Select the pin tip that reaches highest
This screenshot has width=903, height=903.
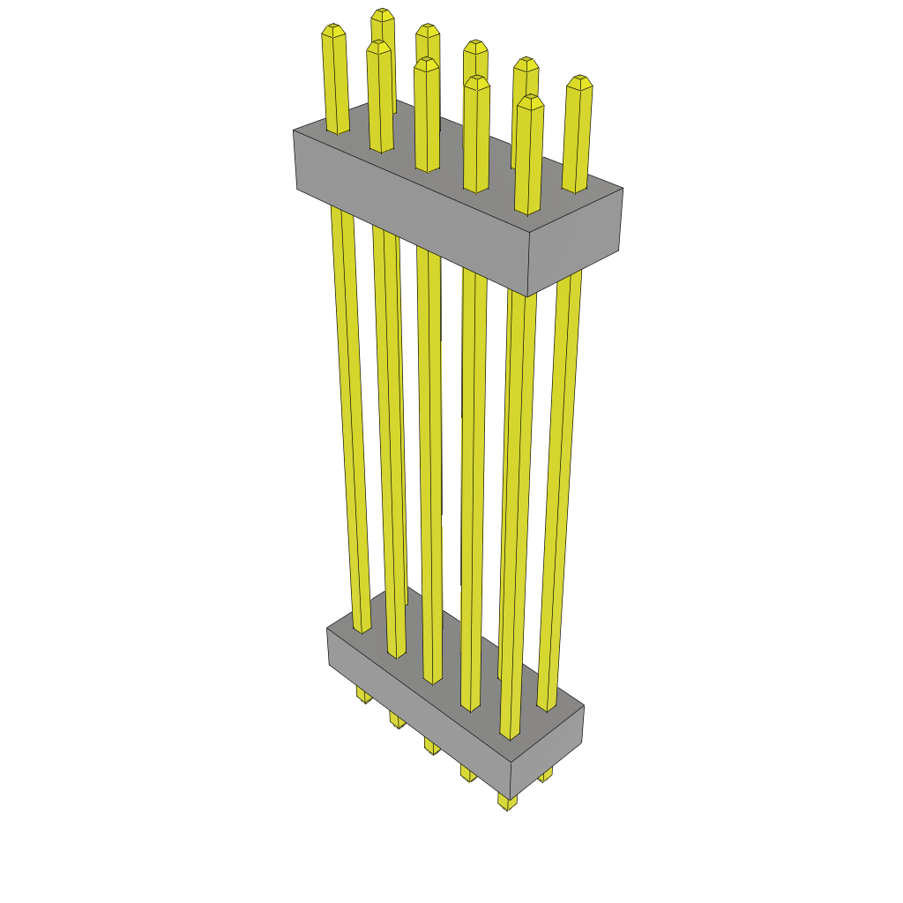point(382,15)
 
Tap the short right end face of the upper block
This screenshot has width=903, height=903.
point(575,243)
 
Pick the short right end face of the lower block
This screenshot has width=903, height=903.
point(549,750)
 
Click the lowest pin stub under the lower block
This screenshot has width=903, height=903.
point(507,802)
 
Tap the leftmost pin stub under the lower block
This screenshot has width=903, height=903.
point(363,697)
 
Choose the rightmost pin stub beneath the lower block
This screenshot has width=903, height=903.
point(546,776)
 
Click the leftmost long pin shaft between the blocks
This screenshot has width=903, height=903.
point(350,414)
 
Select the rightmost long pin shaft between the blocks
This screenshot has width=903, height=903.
point(560,485)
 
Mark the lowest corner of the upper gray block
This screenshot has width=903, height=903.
point(527,296)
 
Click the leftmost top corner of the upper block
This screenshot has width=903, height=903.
point(294,131)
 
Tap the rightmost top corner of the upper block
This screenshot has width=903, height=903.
point(623,188)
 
